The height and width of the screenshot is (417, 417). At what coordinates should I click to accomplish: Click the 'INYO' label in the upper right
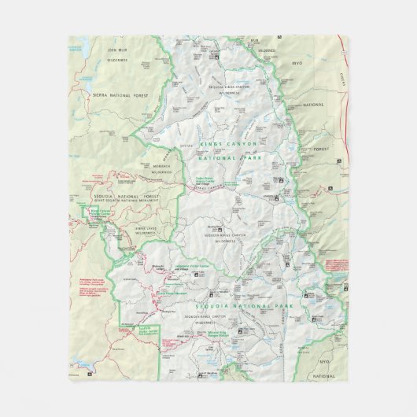tap(297, 62)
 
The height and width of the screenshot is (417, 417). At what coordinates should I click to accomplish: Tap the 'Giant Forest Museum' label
tap(171, 293)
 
